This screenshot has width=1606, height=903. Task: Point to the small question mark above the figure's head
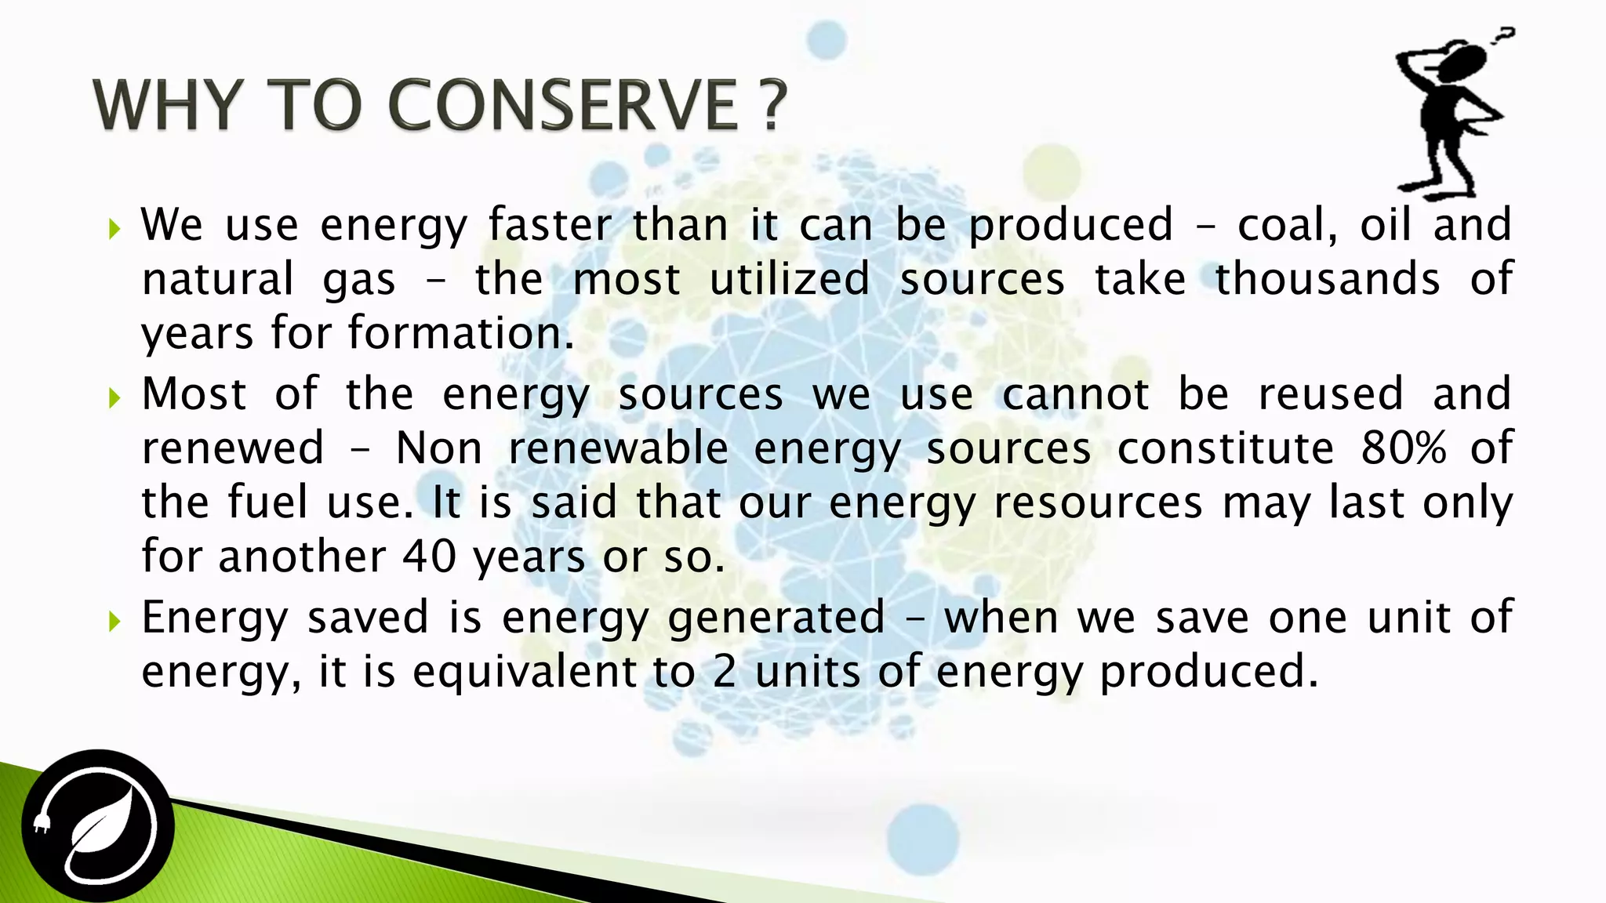[x=1503, y=36]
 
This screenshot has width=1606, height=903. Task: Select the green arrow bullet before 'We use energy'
[x=115, y=230]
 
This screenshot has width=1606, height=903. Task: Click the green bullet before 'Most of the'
[x=115, y=398]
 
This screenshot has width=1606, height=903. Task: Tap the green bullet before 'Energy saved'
[x=115, y=622]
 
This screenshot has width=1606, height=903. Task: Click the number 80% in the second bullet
[x=1403, y=448]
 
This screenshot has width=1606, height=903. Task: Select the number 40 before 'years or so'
[x=429, y=557]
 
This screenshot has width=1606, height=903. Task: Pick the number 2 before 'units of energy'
[x=725, y=672]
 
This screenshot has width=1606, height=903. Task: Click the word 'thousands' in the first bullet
[x=1327, y=279]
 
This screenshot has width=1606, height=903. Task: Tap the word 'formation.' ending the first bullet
[x=461, y=333]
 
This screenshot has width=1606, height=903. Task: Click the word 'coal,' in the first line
[x=1287, y=225]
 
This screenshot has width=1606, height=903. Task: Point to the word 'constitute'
[x=1225, y=448]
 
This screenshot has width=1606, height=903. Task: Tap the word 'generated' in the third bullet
[x=776, y=618]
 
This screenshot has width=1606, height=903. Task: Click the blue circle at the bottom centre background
[x=923, y=840]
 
